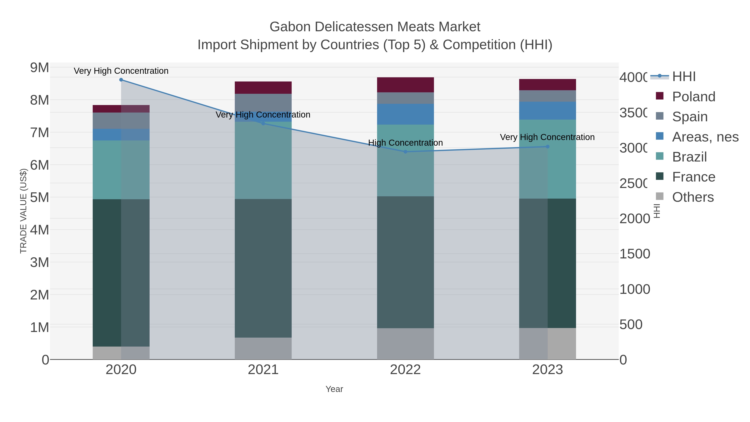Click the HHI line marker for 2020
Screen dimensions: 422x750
[121, 80]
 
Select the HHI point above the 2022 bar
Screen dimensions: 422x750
[405, 152]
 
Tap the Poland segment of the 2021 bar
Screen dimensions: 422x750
[263, 87]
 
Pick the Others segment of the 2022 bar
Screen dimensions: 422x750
[405, 344]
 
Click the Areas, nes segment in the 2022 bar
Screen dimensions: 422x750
[405, 114]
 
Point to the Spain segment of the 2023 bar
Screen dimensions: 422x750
[547, 96]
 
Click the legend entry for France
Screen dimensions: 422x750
[693, 177]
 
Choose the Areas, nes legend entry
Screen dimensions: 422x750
[705, 136]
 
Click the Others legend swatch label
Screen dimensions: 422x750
[693, 197]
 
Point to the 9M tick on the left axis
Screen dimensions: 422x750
[40, 68]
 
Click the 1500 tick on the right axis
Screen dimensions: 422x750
[634, 254]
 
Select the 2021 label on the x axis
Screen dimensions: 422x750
[263, 369]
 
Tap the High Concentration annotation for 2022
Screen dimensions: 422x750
[405, 143]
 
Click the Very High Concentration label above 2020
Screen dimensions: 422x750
[121, 71]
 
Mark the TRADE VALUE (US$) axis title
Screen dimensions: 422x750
[23, 211]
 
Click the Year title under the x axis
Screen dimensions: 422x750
[334, 389]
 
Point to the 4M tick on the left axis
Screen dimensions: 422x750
[40, 230]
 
